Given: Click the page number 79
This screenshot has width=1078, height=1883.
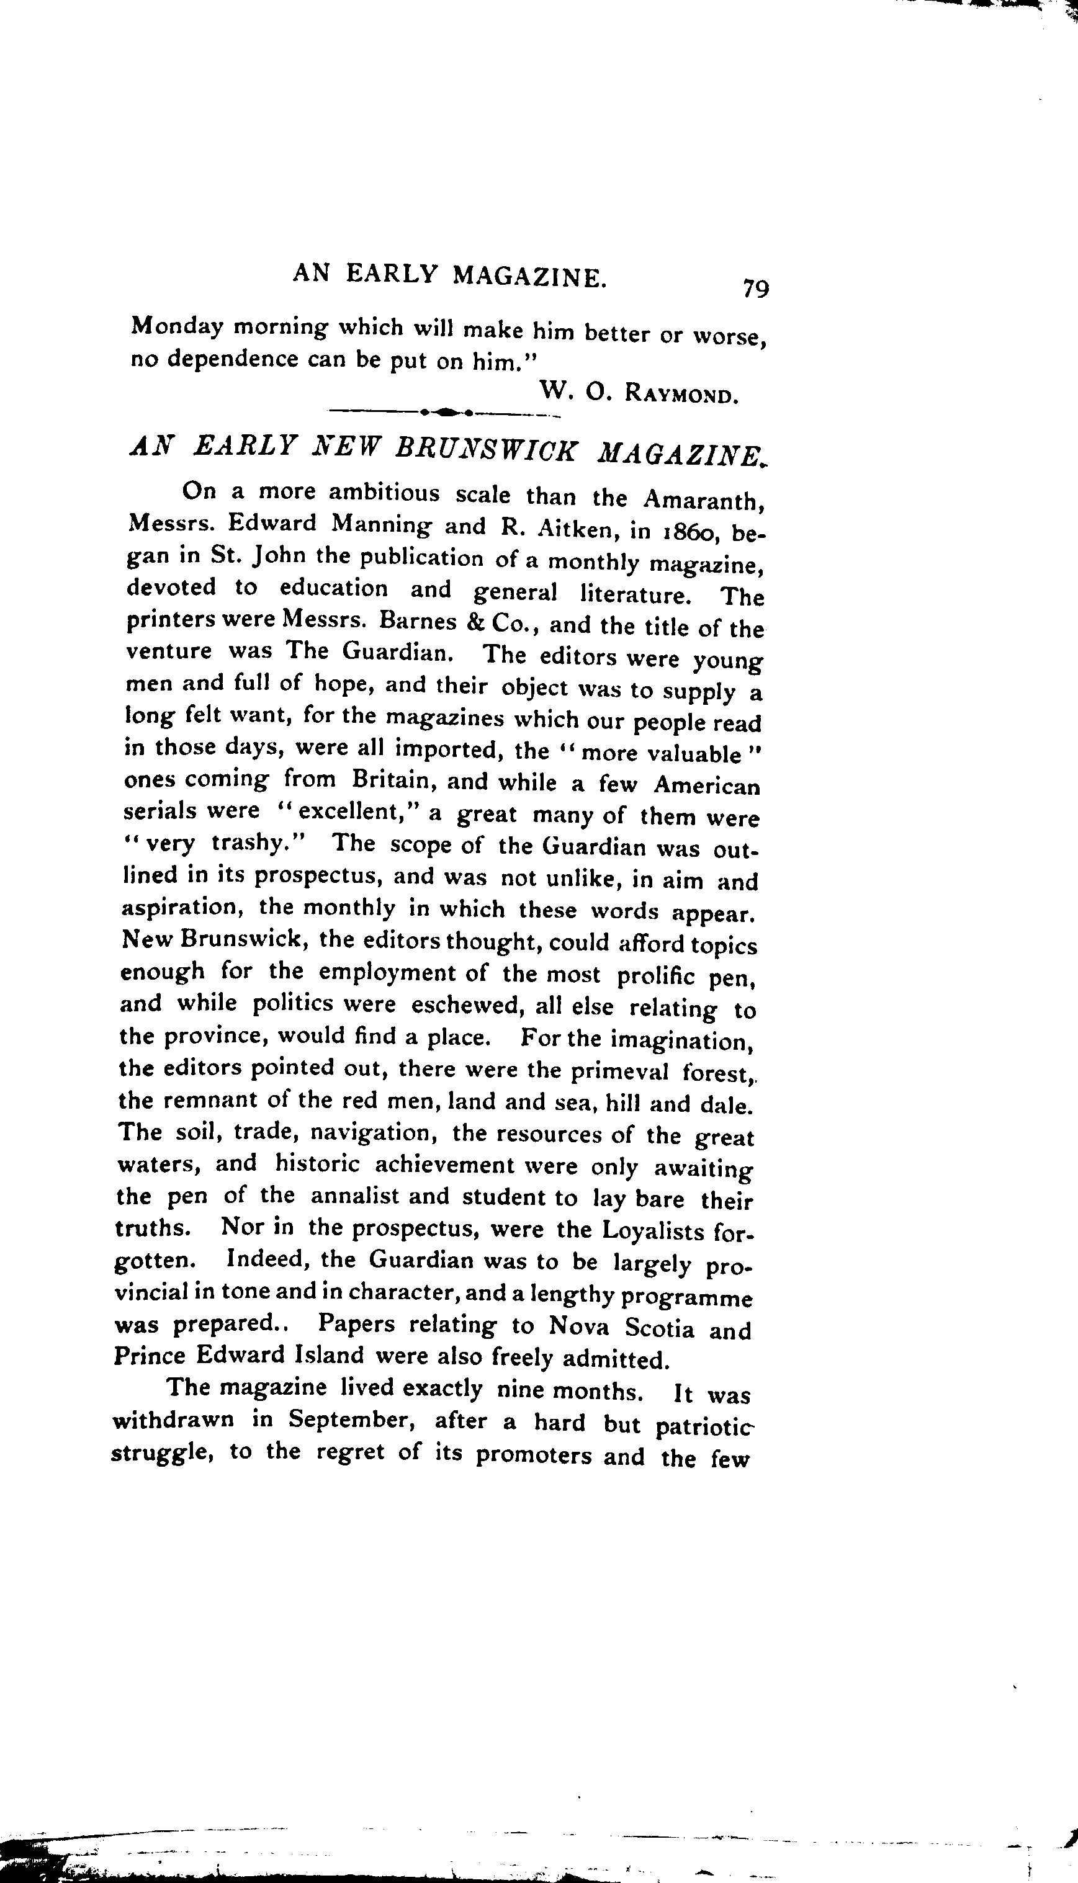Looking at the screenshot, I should pos(755,288).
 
